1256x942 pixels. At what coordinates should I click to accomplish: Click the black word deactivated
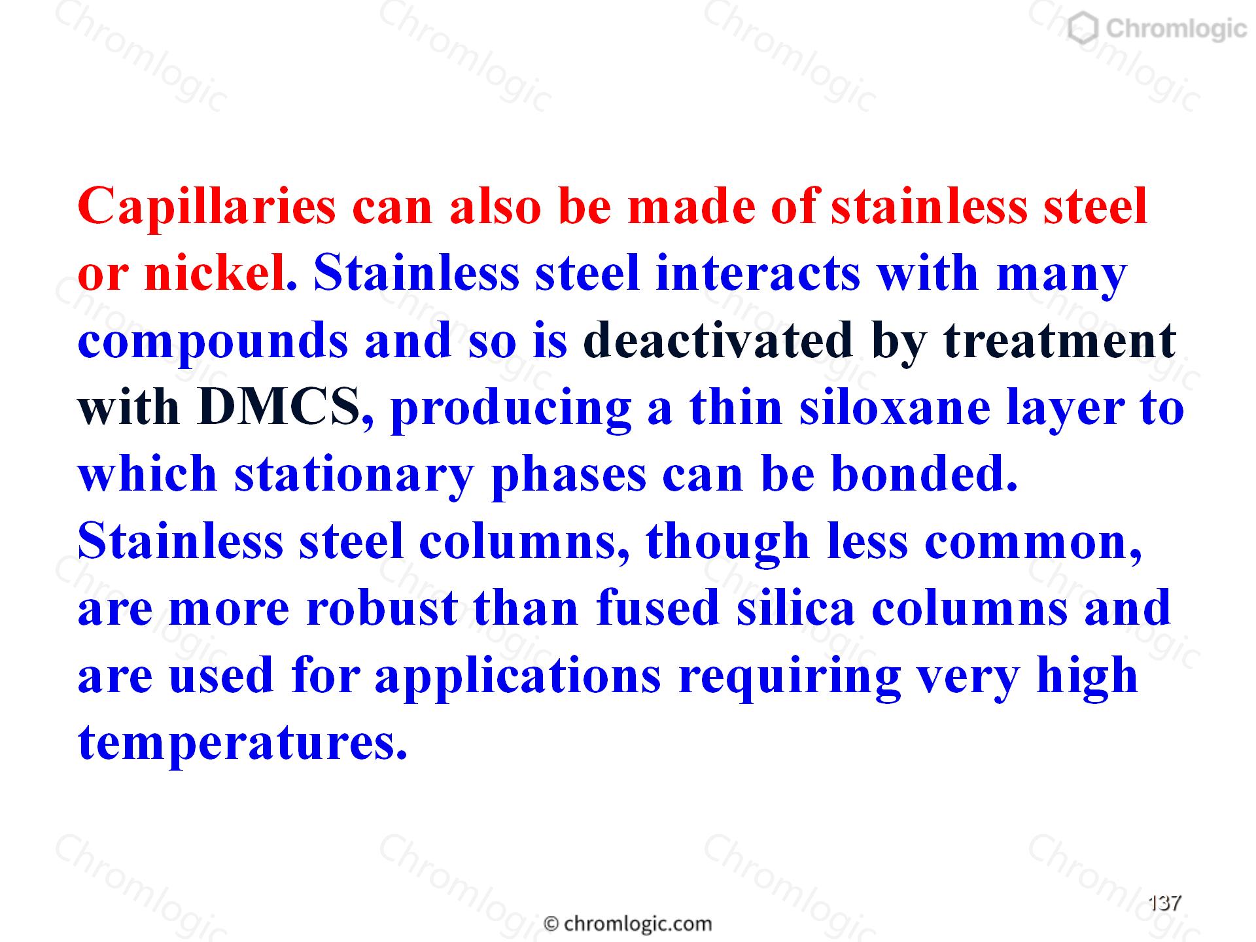pos(718,340)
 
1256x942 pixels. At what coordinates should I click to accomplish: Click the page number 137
pos(1165,903)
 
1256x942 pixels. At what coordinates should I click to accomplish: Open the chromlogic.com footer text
pos(628,924)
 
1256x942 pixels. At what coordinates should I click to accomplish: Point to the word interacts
pos(758,273)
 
